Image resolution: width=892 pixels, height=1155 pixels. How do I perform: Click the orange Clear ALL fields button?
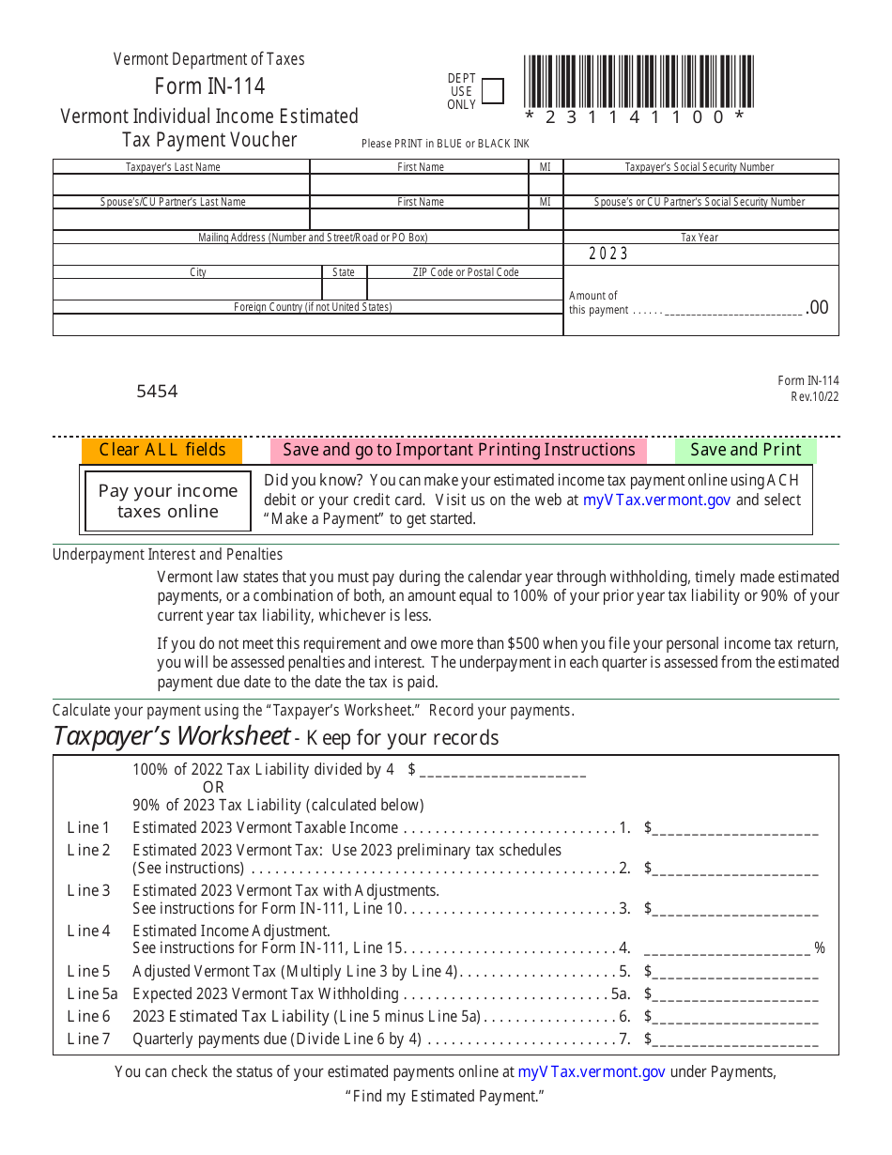tap(162, 450)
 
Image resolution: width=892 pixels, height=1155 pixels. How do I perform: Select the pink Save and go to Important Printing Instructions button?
tap(459, 450)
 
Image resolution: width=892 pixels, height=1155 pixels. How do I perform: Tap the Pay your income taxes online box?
tap(168, 501)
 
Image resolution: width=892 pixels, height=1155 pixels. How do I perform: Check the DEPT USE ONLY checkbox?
tap(492, 91)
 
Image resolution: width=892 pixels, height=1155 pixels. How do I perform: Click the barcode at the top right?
tap(638, 83)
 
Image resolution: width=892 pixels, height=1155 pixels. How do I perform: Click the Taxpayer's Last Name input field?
tap(181, 184)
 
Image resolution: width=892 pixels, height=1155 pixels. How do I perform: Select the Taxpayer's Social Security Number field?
tap(700, 184)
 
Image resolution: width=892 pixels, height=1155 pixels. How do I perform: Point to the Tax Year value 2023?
tap(608, 254)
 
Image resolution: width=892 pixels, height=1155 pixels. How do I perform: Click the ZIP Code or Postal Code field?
tap(465, 289)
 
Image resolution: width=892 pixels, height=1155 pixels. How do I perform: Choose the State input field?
tap(344, 289)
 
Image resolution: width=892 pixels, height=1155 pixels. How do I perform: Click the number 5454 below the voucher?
tap(157, 392)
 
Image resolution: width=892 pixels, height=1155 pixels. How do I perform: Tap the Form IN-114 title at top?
tap(209, 86)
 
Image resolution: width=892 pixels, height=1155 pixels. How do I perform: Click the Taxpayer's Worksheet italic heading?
tap(172, 735)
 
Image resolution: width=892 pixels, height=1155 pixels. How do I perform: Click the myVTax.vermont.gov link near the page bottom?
tap(592, 1071)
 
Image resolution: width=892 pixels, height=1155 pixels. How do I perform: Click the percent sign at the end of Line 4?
tap(820, 948)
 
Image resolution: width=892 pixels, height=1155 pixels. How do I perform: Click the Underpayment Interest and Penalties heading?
tap(167, 554)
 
